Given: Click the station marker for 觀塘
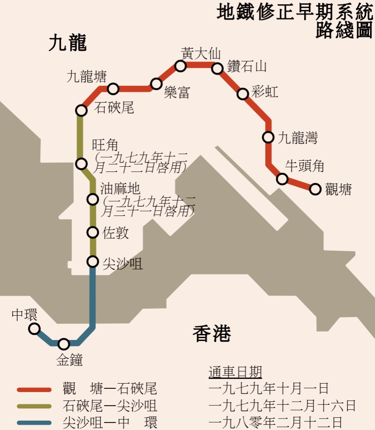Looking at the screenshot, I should click(x=315, y=189).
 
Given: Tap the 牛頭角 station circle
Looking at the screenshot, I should click(x=282, y=179).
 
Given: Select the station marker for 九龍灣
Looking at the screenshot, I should click(x=268, y=137).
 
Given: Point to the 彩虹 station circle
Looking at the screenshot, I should click(x=243, y=94).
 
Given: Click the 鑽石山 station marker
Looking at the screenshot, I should click(x=217, y=69).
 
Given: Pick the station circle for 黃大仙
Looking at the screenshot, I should click(x=181, y=66).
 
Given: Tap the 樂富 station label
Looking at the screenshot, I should click(x=177, y=93).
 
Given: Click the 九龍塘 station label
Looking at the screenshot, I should click(x=87, y=76).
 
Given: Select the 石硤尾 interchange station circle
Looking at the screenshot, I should click(x=81, y=111).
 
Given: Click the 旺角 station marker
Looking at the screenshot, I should click(x=81, y=163).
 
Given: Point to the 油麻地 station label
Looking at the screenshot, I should click(x=120, y=189).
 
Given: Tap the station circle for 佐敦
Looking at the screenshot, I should click(x=93, y=232).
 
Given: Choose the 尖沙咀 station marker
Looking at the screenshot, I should click(x=93, y=261).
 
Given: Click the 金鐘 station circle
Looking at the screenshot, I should click(x=63, y=344).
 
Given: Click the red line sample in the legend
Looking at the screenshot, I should click(x=34, y=390).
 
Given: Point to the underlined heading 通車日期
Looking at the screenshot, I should click(x=235, y=372).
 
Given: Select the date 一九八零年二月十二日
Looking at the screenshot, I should click(x=276, y=423).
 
